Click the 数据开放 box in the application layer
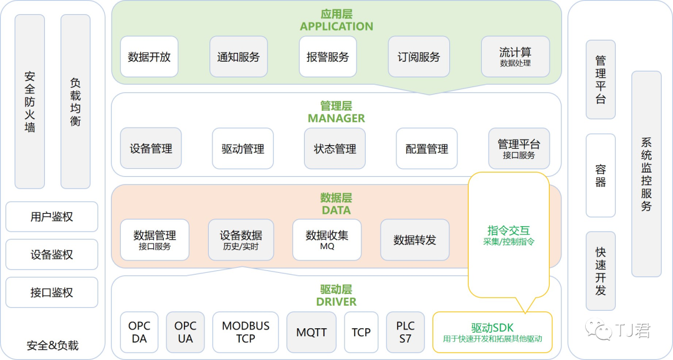coord(150,57)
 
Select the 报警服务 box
coord(328,57)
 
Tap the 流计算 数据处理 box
coord(515,57)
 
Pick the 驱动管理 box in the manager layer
coord(243,149)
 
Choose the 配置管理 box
coord(427,149)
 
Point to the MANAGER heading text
coord(336,118)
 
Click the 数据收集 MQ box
coord(327,240)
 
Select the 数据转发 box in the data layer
coord(415,240)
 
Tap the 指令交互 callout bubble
coord(508,235)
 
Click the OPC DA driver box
coord(140,332)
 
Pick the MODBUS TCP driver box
coord(246,332)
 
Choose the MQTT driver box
coord(312,332)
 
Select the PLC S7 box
coord(405,332)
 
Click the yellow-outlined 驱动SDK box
coord(492,332)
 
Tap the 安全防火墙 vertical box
coord(30,102)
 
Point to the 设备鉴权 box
coord(52,255)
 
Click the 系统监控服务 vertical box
coord(646,174)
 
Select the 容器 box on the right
coord(601,175)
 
